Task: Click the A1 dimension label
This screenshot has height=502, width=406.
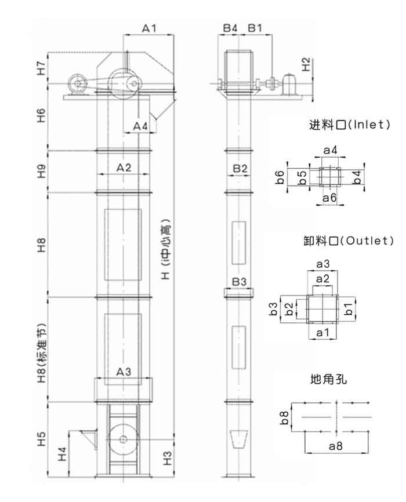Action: pyautogui.click(x=149, y=28)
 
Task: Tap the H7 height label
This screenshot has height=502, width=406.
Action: pyautogui.click(x=41, y=68)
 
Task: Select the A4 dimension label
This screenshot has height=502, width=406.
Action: pyautogui.click(x=140, y=126)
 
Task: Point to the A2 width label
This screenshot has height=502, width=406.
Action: pyautogui.click(x=124, y=168)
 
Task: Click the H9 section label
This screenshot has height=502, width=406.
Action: pyautogui.click(x=41, y=171)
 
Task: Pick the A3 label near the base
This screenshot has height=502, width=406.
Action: pyautogui.click(x=124, y=372)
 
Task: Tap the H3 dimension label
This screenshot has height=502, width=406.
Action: pyautogui.click(x=167, y=458)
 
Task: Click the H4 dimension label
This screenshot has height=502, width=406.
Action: pyautogui.click(x=62, y=454)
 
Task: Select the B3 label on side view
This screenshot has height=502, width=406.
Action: pyautogui.click(x=239, y=282)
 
